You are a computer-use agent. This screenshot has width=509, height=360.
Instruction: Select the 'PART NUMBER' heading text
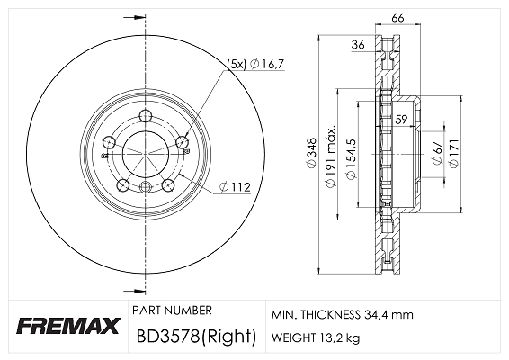pos(172,310)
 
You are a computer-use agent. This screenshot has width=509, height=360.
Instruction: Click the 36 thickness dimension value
pos(357,44)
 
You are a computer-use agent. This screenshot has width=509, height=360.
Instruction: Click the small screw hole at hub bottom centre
pos(146,186)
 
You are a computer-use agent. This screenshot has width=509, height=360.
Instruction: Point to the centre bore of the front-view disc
pos(146,153)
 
